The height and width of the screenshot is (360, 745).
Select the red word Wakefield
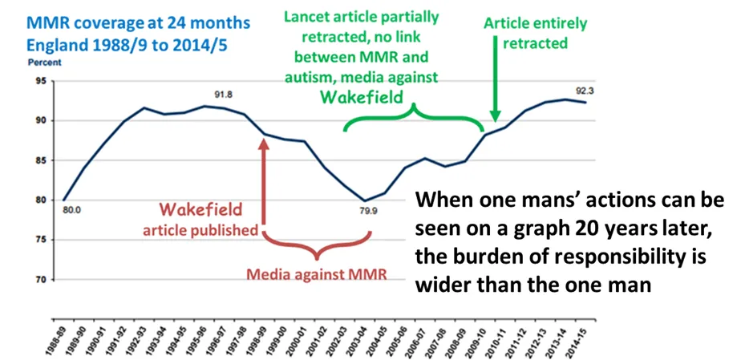(x=205, y=210)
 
